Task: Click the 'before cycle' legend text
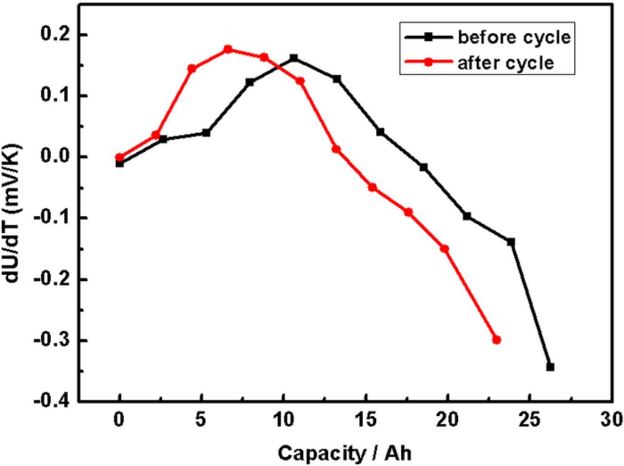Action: click(x=513, y=38)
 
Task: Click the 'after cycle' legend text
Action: click(x=506, y=63)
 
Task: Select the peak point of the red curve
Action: click(x=228, y=49)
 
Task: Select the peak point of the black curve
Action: click(x=293, y=58)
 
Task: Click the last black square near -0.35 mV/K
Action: click(x=550, y=367)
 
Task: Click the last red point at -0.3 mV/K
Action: click(x=497, y=340)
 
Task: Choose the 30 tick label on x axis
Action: click(x=611, y=419)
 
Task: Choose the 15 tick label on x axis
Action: click(x=365, y=419)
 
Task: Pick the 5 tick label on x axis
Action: click(x=201, y=419)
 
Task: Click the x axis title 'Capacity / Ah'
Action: click(x=345, y=453)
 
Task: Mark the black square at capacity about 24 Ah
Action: click(x=511, y=242)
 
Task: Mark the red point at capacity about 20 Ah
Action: click(x=445, y=248)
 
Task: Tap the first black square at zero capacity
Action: click(x=119, y=163)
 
